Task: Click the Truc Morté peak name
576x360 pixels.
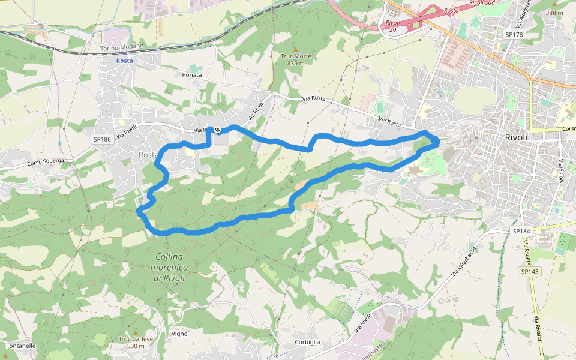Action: [x=296, y=56]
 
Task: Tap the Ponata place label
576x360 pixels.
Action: [x=192, y=75]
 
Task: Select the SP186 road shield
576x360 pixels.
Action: [x=103, y=139]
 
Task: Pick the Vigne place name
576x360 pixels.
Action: [x=179, y=334]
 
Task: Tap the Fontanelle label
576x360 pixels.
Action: [x=20, y=346]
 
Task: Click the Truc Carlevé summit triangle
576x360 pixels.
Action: [x=136, y=332]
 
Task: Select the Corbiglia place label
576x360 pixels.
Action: [x=307, y=342]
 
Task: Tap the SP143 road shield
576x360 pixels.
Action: [x=530, y=272]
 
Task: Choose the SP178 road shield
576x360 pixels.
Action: [x=514, y=35]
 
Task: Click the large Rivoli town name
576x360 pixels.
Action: [x=516, y=137]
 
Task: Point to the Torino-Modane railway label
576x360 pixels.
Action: [x=121, y=48]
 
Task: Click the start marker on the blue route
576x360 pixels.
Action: [x=217, y=130]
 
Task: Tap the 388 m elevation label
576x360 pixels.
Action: [x=554, y=13]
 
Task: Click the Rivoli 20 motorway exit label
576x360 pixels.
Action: [x=392, y=26]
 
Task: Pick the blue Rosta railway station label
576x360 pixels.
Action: [x=125, y=61]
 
